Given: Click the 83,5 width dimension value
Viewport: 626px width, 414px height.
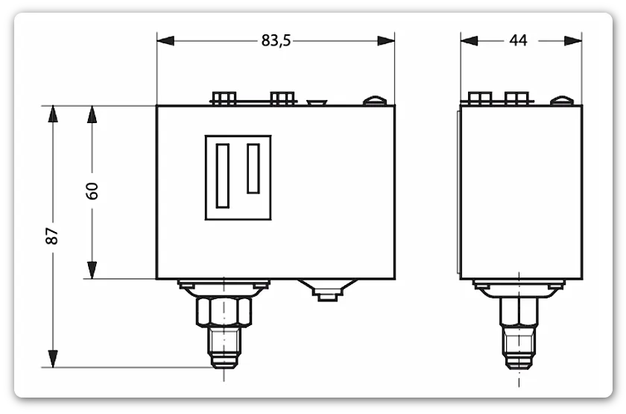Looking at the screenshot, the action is click(x=276, y=40).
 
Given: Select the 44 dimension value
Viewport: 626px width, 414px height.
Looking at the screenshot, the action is click(x=518, y=40).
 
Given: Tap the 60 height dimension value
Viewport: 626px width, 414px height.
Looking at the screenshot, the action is click(x=92, y=191).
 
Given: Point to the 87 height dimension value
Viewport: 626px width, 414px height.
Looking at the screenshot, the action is click(x=52, y=236).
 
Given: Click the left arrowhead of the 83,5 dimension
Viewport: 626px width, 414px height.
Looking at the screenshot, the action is click(x=165, y=40).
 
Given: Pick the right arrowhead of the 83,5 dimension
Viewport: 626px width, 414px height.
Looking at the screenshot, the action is click(x=386, y=40).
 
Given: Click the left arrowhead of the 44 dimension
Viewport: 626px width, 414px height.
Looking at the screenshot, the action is click(x=469, y=40).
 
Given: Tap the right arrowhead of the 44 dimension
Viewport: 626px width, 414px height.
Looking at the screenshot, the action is click(x=573, y=40).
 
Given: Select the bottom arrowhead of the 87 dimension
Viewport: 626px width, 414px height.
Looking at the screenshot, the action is click(x=53, y=359).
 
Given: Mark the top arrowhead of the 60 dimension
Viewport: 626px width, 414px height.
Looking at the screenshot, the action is click(x=92, y=115).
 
